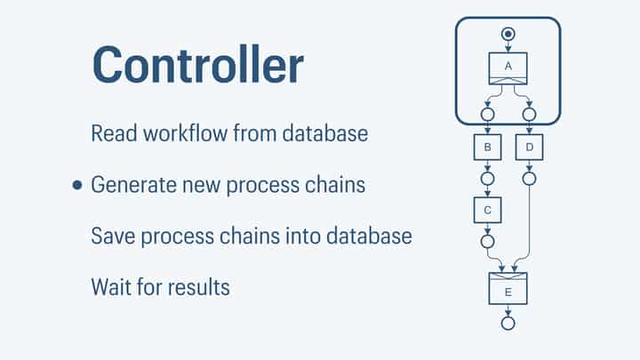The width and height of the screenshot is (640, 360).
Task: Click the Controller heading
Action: coord(197,64)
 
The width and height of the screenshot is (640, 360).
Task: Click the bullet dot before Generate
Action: coord(77,185)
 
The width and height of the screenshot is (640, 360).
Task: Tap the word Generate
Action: coord(133,186)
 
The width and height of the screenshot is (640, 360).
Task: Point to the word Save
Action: coord(111,236)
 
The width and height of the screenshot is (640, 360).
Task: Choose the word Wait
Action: coord(110,287)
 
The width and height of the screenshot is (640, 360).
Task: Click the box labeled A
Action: coord(508,68)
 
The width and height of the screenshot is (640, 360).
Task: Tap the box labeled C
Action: coord(486,210)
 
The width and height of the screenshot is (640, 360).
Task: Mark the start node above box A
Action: coord(508,34)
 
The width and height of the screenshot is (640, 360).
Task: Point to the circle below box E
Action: coord(508,323)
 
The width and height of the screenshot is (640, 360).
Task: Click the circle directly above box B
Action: coord(486,114)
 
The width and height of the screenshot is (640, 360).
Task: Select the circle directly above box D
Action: coord(529,114)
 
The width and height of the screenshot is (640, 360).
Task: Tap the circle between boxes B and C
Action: coord(486,178)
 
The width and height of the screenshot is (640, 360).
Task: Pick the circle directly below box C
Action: coord(486,241)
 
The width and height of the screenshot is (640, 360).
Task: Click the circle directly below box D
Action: coord(529,178)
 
